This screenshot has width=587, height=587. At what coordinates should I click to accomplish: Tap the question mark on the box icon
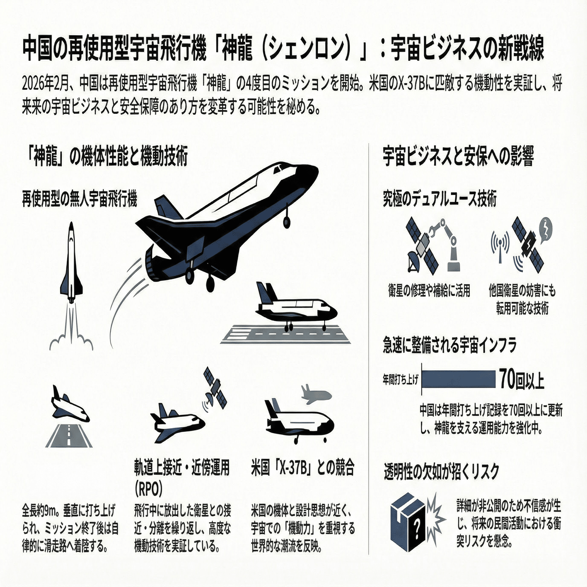click(417, 529)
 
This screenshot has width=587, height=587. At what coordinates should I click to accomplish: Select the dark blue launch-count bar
click(459, 379)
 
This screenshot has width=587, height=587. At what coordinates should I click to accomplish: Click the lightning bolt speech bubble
click(545, 230)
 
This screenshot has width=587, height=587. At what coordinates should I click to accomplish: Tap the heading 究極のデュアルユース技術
click(440, 199)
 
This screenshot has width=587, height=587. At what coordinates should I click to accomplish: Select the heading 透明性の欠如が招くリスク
click(442, 472)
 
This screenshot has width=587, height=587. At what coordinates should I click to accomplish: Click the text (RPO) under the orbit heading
click(149, 488)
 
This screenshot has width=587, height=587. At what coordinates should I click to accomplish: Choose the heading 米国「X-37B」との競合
click(303, 468)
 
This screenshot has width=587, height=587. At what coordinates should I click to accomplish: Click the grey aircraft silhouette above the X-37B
click(316, 394)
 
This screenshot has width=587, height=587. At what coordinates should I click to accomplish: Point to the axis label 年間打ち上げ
click(401, 379)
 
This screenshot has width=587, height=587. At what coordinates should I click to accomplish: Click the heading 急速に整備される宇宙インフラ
click(450, 345)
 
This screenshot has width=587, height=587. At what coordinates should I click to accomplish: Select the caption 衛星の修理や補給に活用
click(429, 291)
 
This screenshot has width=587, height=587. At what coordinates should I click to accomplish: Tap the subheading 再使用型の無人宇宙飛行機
click(79, 199)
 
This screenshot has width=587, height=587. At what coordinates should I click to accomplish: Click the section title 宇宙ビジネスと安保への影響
click(458, 157)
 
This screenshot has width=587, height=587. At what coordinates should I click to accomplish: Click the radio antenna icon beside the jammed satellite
click(500, 246)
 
